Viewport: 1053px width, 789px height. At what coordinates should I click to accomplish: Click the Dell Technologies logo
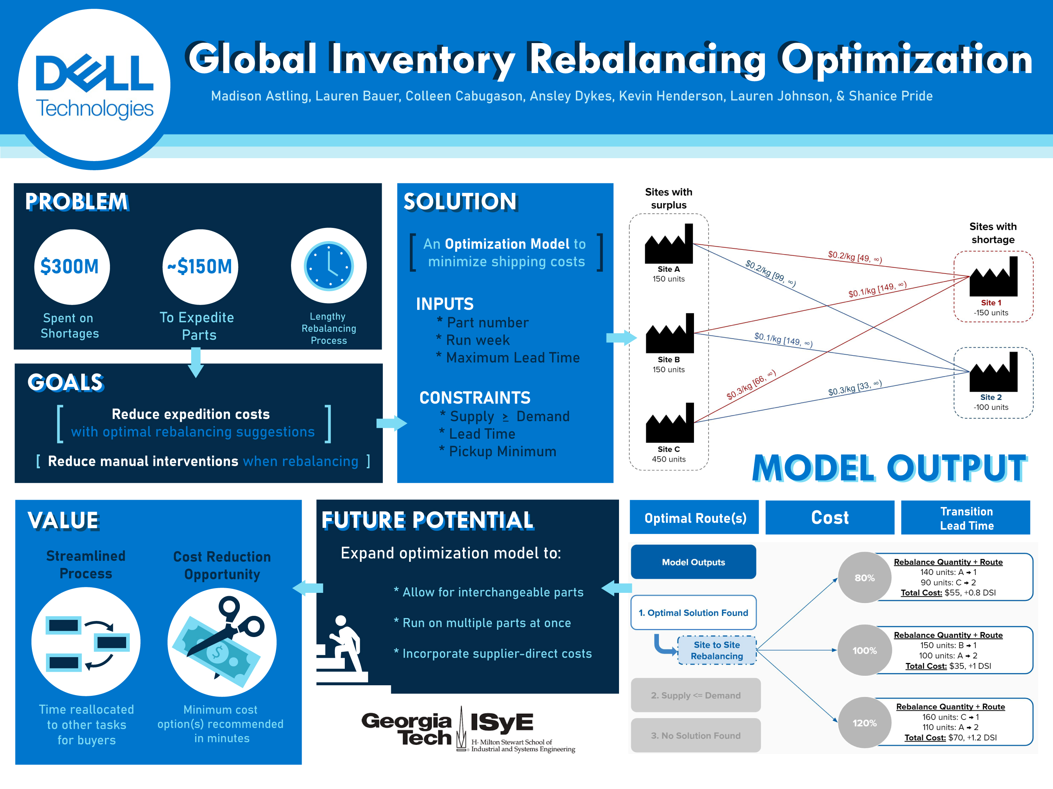coord(94,85)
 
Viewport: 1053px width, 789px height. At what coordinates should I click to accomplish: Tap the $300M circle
coord(72,267)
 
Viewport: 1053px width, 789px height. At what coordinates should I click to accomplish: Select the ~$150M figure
coord(200,267)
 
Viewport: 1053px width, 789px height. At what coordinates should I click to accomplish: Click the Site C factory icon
coord(669,423)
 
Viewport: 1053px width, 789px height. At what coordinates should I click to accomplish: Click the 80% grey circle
coord(864,578)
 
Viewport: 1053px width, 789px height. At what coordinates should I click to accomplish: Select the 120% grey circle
coord(864,723)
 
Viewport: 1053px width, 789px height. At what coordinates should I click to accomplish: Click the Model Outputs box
coord(693,562)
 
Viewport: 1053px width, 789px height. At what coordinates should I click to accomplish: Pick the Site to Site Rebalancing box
coord(717,651)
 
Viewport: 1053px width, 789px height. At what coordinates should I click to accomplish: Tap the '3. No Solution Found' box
coord(695,735)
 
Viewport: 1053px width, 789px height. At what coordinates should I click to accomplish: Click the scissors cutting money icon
coord(222,642)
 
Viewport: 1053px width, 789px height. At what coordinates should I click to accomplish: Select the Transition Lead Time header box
coord(966,518)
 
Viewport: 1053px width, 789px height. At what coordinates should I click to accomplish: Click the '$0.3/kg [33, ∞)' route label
coord(854,388)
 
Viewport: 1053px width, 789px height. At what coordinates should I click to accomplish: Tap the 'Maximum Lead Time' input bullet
coord(512,358)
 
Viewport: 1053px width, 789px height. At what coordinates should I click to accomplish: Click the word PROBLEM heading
coord(76,202)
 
